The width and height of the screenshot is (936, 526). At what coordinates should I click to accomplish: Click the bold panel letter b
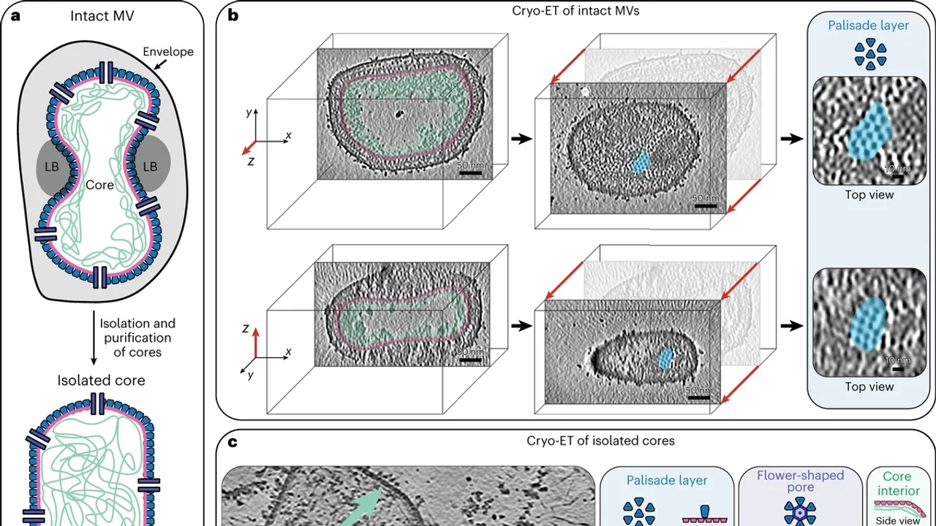click(233, 15)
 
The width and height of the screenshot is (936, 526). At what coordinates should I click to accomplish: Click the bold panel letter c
click(232, 442)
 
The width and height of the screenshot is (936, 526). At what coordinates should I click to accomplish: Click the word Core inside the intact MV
click(100, 185)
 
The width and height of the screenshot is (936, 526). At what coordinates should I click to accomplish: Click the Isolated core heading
click(101, 380)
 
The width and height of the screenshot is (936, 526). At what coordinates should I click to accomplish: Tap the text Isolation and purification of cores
click(137, 338)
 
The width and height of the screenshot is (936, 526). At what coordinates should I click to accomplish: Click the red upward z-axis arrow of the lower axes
click(255, 343)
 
